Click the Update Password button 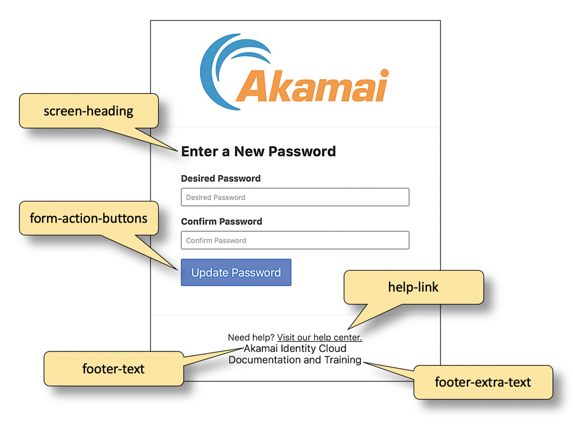coord(236,272)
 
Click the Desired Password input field coord(295,197)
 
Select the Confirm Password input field coord(295,240)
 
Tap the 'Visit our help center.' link coord(319,337)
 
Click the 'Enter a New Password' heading coord(258,152)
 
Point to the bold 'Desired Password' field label coord(221,179)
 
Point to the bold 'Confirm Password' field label coord(221,222)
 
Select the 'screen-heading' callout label coord(89,110)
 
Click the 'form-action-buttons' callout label coord(89,218)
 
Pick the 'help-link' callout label coord(413,287)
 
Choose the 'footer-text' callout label coord(113,369)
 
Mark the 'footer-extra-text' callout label coord(483,382)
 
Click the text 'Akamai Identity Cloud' coord(295,348)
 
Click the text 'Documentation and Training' coord(295,360)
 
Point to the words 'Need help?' coord(251,337)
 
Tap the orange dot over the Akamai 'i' coord(384,73)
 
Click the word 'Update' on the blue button coord(210,272)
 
